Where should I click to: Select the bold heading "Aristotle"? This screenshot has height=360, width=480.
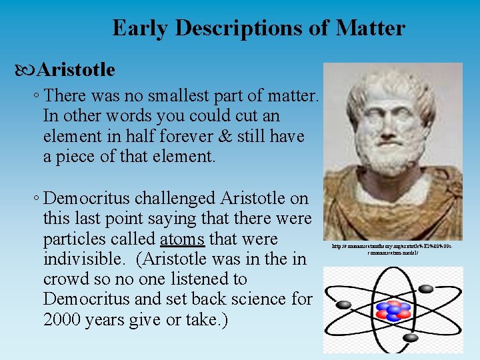[x=76, y=69]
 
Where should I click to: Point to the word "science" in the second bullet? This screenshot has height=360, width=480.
[x=256, y=299]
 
